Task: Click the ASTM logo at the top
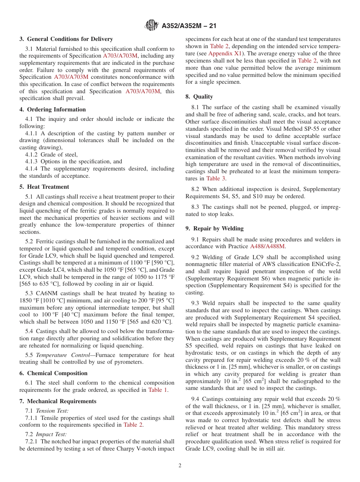click(x=152, y=26)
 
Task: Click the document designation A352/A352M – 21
click(x=189, y=26)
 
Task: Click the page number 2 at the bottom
click(x=180, y=466)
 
